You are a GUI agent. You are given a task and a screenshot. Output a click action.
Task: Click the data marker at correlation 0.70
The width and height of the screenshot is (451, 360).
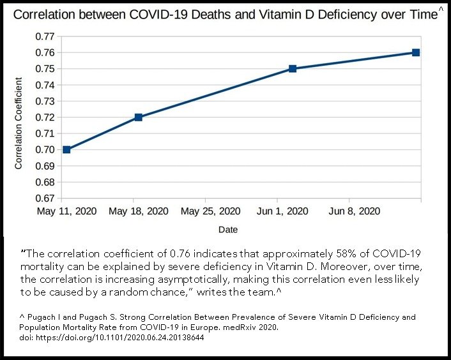tap(66, 149)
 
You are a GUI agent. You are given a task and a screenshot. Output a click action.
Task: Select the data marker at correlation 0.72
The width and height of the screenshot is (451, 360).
tap(138, 117)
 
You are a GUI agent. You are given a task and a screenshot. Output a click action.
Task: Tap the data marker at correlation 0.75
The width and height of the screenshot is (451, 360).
tap(293, 69)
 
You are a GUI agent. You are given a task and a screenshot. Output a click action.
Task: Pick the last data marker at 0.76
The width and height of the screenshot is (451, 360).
tap(416, 52)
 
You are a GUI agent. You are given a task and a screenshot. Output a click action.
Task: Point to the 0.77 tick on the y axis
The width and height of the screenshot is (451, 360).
tap(44, 36)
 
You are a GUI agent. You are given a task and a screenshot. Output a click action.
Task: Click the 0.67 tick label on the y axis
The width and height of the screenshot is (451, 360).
tap(44, 199)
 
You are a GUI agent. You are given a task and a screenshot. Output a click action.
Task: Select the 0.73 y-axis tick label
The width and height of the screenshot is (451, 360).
tap(44, 101)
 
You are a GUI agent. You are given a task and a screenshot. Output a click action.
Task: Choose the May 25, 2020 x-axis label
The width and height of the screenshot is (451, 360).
tap(211, 211)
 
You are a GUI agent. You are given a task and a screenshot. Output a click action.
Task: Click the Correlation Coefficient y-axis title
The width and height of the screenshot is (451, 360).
tap(19, 123)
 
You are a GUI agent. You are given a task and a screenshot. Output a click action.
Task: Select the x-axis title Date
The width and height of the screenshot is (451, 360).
tap(228, 229)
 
